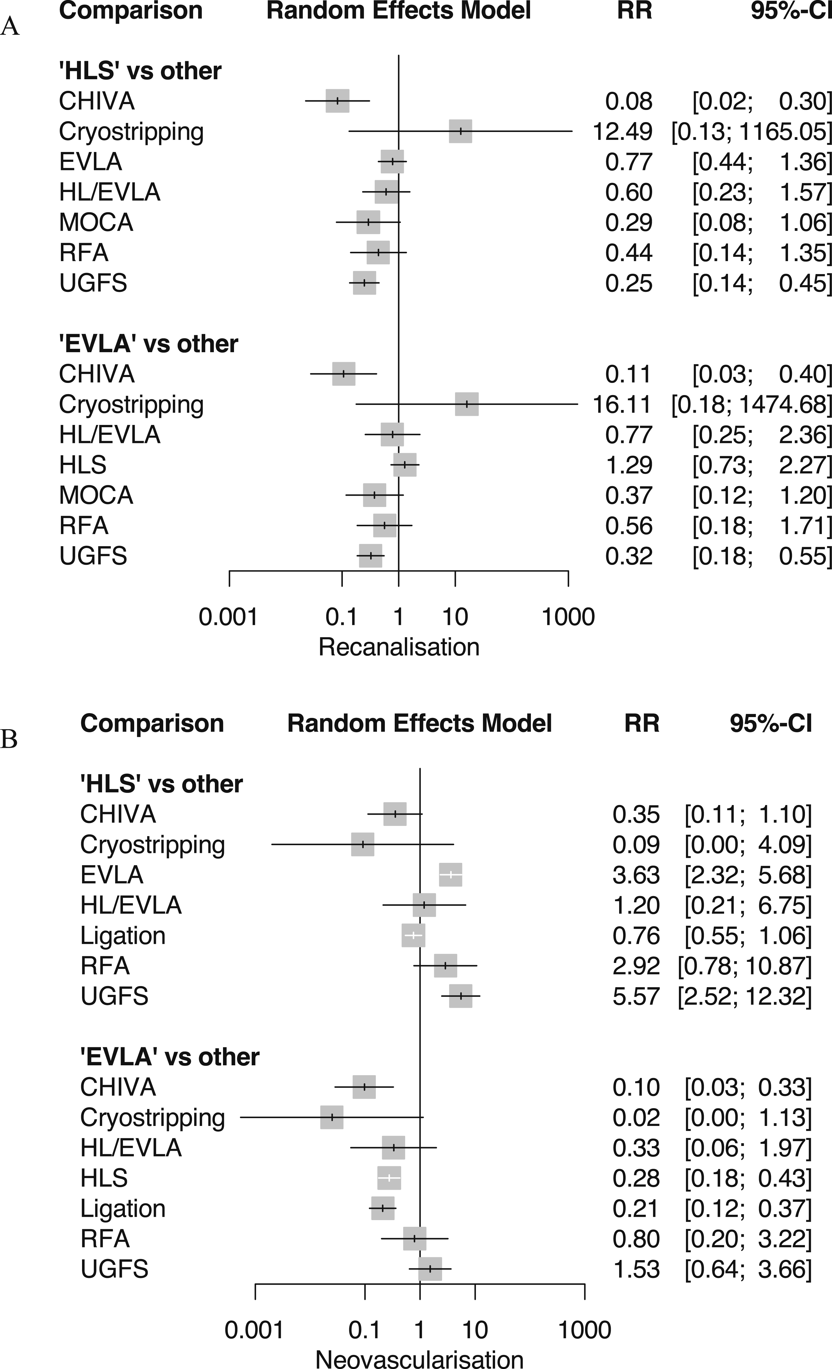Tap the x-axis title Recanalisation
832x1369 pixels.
click(x=399, y=647)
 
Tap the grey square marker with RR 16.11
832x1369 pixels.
click(x=467, y=404)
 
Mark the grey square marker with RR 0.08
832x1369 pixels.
click(x=337, y=101)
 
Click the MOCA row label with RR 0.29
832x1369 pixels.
click(x=96, y=222)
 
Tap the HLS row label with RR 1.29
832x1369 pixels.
click(x=83, y=464)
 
